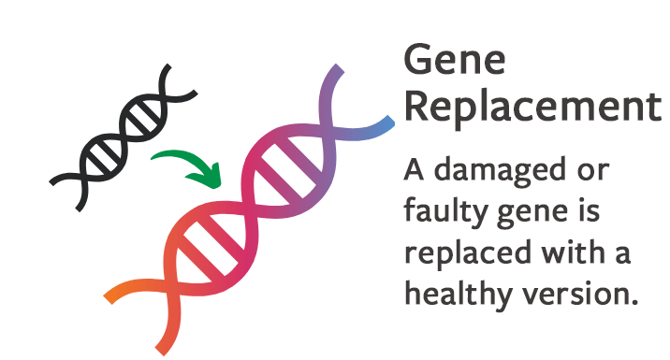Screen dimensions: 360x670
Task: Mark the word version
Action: click(x=573, y=294)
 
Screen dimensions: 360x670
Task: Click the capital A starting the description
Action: click(x=415, y=172)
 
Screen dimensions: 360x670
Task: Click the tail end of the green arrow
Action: click(x=155, y=156)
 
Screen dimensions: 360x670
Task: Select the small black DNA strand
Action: click(x=122, y=135)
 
